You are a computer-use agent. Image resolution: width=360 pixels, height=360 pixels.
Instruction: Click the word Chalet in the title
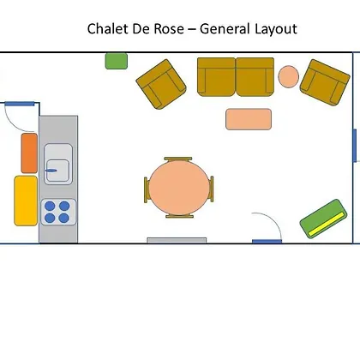point(107,29)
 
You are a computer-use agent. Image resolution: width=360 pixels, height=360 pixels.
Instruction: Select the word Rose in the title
point(169,29)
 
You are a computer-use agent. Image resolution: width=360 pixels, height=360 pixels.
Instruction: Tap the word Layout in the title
point(276,29)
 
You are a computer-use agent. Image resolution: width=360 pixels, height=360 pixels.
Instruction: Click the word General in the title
point(225,29)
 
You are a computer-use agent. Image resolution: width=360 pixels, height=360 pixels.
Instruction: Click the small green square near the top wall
point(117,61)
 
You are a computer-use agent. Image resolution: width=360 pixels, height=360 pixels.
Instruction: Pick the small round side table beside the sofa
point(289,76)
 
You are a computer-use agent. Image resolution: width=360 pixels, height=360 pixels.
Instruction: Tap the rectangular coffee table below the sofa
point(249,119)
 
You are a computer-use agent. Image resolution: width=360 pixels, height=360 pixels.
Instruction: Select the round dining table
point(179,188)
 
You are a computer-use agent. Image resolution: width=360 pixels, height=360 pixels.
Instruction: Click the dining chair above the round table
point(178,159)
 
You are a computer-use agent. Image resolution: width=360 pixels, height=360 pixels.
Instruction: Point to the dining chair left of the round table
point(146,189)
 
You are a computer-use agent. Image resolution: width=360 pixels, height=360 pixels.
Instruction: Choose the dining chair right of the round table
point(212,189)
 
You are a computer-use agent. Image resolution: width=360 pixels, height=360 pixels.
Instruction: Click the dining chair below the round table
point(180,216)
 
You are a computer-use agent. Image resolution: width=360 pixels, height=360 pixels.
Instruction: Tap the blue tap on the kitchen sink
point(51,171)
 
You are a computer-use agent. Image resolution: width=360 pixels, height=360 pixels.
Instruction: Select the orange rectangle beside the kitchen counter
point(29,153)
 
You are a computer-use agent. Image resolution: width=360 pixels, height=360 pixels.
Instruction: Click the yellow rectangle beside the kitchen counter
point(26,201)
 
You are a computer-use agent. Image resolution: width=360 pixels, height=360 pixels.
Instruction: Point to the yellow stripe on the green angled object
point(326,225)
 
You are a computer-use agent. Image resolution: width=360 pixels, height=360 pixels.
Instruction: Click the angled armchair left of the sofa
point(161,84)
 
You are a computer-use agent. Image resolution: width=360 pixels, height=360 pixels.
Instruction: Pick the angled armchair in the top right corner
point(325,82)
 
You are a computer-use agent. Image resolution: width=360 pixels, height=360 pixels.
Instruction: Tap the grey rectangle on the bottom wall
point(177,240)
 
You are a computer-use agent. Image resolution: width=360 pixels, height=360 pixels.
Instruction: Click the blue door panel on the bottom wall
point(267,242)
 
